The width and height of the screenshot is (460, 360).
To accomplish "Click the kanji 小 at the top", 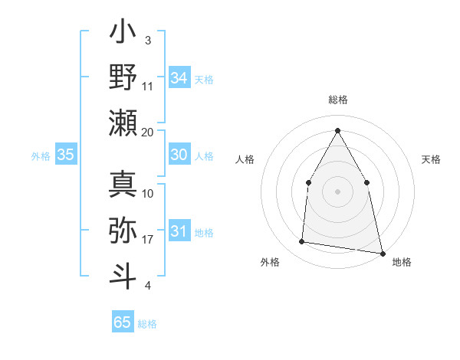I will click(123, 34).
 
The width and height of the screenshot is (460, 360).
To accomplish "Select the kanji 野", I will click(123, 78).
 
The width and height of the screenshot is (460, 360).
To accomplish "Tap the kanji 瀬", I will click(123, 123).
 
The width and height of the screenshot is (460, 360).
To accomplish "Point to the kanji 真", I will click(123, 184).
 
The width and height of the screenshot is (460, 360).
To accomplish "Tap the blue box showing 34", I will click(179, 77).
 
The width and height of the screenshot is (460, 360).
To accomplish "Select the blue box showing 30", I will click(179, 155).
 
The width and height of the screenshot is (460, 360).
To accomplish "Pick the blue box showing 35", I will click(66, 155).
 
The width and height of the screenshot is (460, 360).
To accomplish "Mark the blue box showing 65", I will click(123, 322).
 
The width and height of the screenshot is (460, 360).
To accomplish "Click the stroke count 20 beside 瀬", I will click(148, 132).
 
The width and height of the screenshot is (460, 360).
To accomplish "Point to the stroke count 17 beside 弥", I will click(148, 240).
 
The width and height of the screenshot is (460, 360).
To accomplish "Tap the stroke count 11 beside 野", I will click(148, 86).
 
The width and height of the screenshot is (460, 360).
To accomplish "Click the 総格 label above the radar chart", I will click(337, 100).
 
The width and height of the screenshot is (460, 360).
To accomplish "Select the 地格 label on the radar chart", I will click(402, 263).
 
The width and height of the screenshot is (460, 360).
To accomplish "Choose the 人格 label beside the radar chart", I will click(245, 159).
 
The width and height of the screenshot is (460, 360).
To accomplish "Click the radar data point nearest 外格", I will click(302, 242).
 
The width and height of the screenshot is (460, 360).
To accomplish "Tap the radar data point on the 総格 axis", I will click(337, 129).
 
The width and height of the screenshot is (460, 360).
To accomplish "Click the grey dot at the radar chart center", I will click(337, 191).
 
